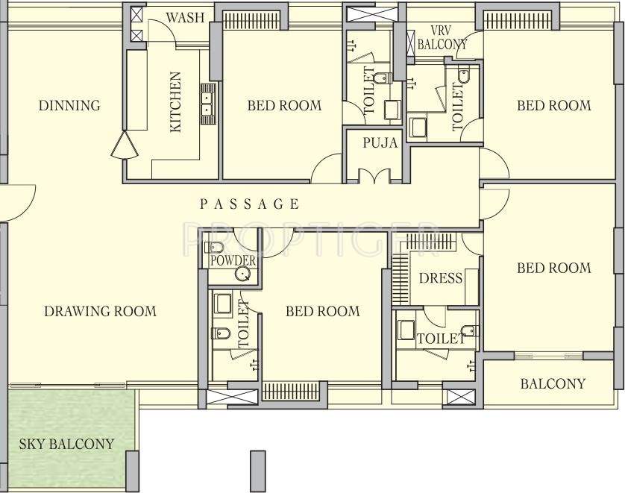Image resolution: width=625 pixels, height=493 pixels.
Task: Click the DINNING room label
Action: [x=69, y=106]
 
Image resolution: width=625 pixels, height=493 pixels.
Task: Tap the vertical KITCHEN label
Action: [x=176, y=101]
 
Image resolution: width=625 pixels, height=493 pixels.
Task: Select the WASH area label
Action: [x=185, y=17]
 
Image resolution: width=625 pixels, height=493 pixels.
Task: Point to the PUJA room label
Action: [x=380, y=143]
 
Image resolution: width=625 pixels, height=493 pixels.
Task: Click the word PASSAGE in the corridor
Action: [x=250, y=204]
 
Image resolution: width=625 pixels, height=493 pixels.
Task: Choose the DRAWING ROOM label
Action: [x=100, y=311]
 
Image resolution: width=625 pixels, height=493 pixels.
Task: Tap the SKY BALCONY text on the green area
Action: [x=66, y=445]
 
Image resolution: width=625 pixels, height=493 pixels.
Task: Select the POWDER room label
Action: [x=233, y=261]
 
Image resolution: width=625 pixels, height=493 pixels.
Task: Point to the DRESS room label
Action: [x=440, y=278]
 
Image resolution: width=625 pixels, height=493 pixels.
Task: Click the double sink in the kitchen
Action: [x=207, y=102]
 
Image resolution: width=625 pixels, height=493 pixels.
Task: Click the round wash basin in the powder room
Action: [x=242, y=274]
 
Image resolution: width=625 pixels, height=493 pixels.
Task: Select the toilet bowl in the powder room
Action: [x=216, y=248]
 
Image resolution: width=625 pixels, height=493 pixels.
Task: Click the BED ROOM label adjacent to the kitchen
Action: [x=284, y=106]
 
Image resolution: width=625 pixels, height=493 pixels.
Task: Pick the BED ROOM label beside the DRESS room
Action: [x=553, y=268]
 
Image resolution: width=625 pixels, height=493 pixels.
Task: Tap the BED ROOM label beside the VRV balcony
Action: [x=553, y=106]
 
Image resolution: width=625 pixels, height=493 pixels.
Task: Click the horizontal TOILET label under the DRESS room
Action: [x=440, y=339]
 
